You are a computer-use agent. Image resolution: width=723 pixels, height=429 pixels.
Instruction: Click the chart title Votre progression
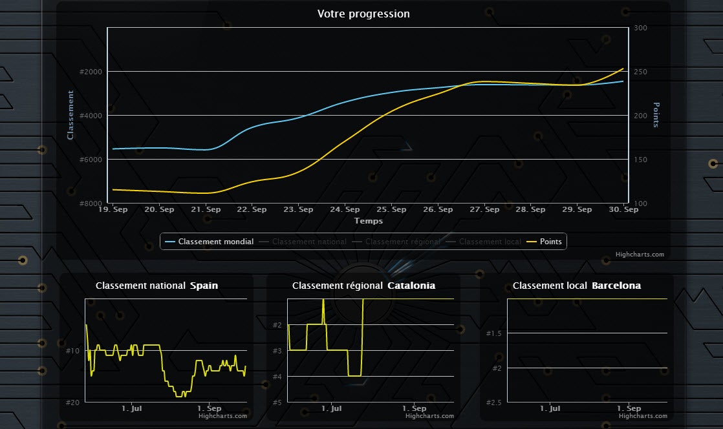pyautogui.click(x=363, y=14)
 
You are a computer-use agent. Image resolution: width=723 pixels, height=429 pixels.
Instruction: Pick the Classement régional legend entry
pyautogui.click(x=402, y=242)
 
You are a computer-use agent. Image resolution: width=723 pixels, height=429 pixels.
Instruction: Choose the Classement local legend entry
pyautogui.click(x=490, y=242)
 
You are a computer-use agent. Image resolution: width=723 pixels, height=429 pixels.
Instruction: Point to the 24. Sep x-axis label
pyautogui.click(x=345, y=209)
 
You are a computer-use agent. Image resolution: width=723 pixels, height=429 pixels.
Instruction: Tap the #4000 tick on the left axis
pyautogui.click(x=88, y=116)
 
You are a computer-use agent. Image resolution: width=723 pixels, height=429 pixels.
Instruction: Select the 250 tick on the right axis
pyautogui.click(x=641, y=72)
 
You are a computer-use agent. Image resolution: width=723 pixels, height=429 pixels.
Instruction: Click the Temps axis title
pyautogui.click(x=368, y=221)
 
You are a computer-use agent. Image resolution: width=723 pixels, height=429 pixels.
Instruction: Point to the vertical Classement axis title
pyautogui.click(x=70, y=115)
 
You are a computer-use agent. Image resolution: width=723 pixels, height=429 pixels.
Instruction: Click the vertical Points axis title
pyautogui.click(x=656, y=115)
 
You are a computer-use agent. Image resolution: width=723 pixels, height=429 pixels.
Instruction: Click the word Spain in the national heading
pyautogui.click(x=204, y=286)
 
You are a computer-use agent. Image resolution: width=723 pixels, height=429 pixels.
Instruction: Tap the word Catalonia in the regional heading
pyautogui.click(x=411, y=286)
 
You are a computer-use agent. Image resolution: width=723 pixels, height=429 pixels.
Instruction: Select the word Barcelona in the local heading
pyautogui.click(x=616, y=286)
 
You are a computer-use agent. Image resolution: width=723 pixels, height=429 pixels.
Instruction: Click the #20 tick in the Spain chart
pyautogui.click(x=72, y=403)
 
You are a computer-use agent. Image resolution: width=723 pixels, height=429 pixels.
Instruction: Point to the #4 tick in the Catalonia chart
pyautogui.click(x=276, y=377)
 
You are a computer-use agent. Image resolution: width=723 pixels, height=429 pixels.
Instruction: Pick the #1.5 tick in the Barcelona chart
pyautogui.click(x=493, y=333)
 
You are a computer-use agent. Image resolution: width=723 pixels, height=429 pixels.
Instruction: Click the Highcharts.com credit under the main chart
pyautogui.click(x=640, y=255)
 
